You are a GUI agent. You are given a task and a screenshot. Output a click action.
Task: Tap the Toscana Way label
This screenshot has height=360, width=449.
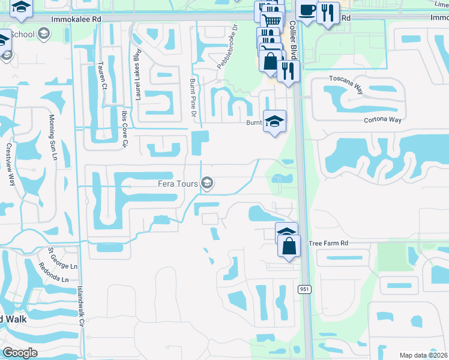346,85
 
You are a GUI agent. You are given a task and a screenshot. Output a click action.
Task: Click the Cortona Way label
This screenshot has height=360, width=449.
382,119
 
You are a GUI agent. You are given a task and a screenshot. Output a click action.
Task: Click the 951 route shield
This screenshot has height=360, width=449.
304,289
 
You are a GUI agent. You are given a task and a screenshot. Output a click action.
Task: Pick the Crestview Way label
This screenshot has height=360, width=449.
9,164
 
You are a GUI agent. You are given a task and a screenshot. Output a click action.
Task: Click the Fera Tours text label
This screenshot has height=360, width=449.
178,184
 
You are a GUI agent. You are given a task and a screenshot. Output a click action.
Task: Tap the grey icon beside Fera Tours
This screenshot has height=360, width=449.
207,184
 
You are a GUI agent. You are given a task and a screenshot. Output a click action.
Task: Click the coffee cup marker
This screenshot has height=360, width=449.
307,11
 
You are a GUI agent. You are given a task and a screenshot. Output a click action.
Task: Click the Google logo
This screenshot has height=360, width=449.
20,352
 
